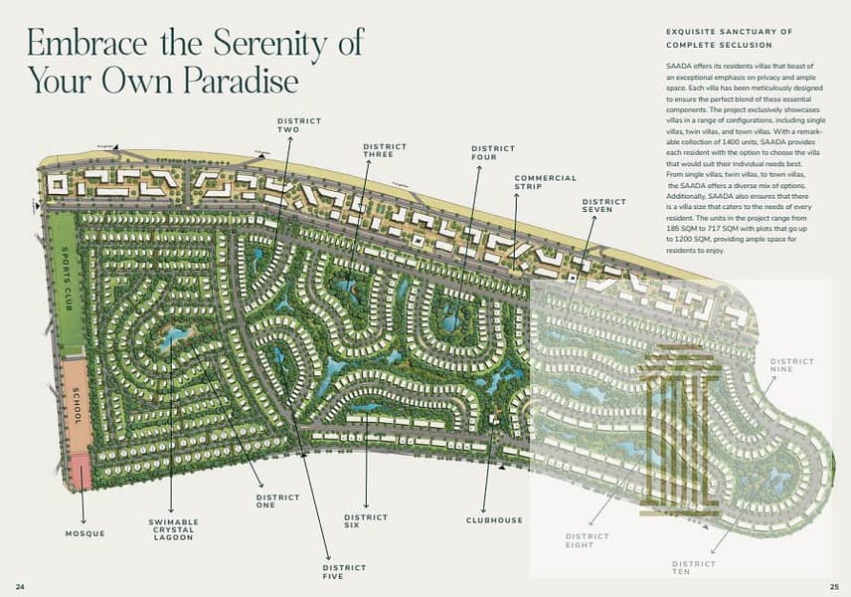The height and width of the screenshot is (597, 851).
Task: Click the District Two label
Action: coord(299,124)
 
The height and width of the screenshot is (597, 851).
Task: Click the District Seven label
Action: coord(603,205)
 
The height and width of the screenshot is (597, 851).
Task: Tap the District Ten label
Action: coord(693,568)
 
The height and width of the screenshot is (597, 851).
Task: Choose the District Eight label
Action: coord(587,540)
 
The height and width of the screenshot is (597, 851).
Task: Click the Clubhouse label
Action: coord(494,520)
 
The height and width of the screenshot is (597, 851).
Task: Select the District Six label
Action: coord(366,521)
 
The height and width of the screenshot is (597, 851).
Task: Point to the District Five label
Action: coord(344,572)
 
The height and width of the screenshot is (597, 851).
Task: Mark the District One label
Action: coord(277,501)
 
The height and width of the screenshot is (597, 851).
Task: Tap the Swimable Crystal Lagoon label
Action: coord(173,528)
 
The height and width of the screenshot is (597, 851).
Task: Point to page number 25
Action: coord(834,585)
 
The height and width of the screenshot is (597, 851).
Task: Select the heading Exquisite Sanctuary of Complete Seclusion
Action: coord(729,38)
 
